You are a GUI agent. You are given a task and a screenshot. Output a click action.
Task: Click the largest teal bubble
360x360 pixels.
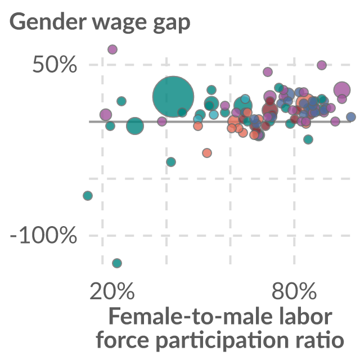pos(173,96)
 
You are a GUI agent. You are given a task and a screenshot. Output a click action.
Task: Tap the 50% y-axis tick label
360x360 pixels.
pos(55,65)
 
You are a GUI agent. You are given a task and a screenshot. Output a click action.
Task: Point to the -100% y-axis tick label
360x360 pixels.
pos(43,235)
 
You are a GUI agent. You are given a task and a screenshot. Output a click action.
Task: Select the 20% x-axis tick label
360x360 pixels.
pos(112,291)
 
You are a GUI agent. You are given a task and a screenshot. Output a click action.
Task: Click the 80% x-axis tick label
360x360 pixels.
pos(294,291)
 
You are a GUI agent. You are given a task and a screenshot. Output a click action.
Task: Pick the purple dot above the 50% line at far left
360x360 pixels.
pos(112,49)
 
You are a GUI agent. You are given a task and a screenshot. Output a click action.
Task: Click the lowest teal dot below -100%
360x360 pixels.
pos(117,263)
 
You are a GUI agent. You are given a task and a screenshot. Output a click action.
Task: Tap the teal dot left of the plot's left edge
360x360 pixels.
pos(88,196)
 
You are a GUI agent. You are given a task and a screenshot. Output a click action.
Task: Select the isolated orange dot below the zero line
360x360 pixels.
pos(207,152)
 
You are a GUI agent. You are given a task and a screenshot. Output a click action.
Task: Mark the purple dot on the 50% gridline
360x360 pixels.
pos(322,65)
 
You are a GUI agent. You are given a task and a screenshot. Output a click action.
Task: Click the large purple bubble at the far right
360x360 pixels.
pos(342,89)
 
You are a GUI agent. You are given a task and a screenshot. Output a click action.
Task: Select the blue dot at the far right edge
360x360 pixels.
pos(351,117)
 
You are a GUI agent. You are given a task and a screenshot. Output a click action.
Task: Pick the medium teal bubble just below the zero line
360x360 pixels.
pos(135,125)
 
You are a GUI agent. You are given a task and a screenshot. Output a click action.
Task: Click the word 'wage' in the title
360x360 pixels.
pos(119,24)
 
